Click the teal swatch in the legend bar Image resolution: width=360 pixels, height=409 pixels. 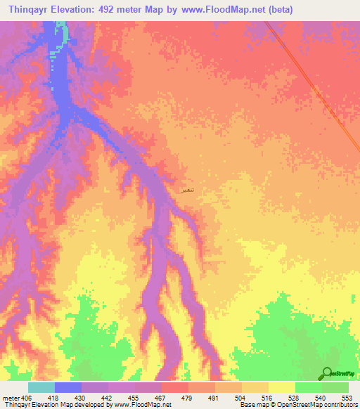click(x=41, y=387)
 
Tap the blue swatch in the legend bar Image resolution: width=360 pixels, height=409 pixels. click(x=68, y=387)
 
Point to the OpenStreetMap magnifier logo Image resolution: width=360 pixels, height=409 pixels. click(x=327, y=374)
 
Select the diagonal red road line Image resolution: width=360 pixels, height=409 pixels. click(x=316, y=84)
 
